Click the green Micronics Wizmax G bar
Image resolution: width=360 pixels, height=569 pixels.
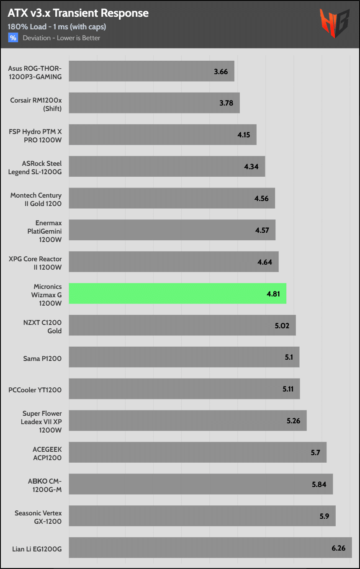pyautogui.click(x=177, y=294)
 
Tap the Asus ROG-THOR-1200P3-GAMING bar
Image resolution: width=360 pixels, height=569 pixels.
pyautogui.click(x=151, y=71)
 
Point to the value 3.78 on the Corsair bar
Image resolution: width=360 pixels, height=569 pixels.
pyautogui.click(x=226, y=103)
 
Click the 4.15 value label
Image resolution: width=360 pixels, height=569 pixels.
pyautogui.click(x=244, y=135)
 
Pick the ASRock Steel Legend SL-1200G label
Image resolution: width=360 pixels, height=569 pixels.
pyautogui.click(x=35, y=167)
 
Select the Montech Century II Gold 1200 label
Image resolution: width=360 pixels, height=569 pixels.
pyautogui.click(x=36, y=199)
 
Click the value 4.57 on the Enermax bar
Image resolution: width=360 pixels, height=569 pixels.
pyautogui.click(x=262, y=230)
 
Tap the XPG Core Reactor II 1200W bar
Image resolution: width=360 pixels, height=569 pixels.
pyautogui.click(x=173, y=262)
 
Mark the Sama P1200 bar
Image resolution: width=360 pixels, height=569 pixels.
pyautogui.click(x=184, y=357)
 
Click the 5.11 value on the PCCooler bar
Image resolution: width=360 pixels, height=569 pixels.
pyautogui.click(x=288, y=389)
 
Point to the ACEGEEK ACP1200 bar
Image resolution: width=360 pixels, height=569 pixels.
pyautogui.click(x=197, y=453)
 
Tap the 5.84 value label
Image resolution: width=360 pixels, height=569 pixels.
pyautogui.click(x=319, y=484)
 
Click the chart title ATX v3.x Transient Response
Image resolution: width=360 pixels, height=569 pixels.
pyautogui.click(x=78, y=13)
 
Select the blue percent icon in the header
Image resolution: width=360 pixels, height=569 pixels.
pyautogui.click(x=13, y=38)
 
